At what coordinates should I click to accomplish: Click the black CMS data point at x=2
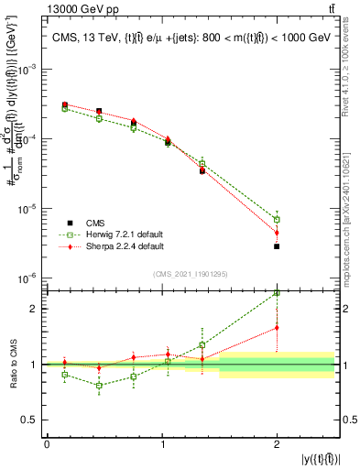277,246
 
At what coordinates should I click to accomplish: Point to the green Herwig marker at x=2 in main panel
277,220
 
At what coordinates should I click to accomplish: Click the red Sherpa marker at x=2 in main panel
277,233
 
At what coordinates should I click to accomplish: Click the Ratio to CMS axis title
12,364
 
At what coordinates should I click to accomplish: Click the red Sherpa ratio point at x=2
277,327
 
